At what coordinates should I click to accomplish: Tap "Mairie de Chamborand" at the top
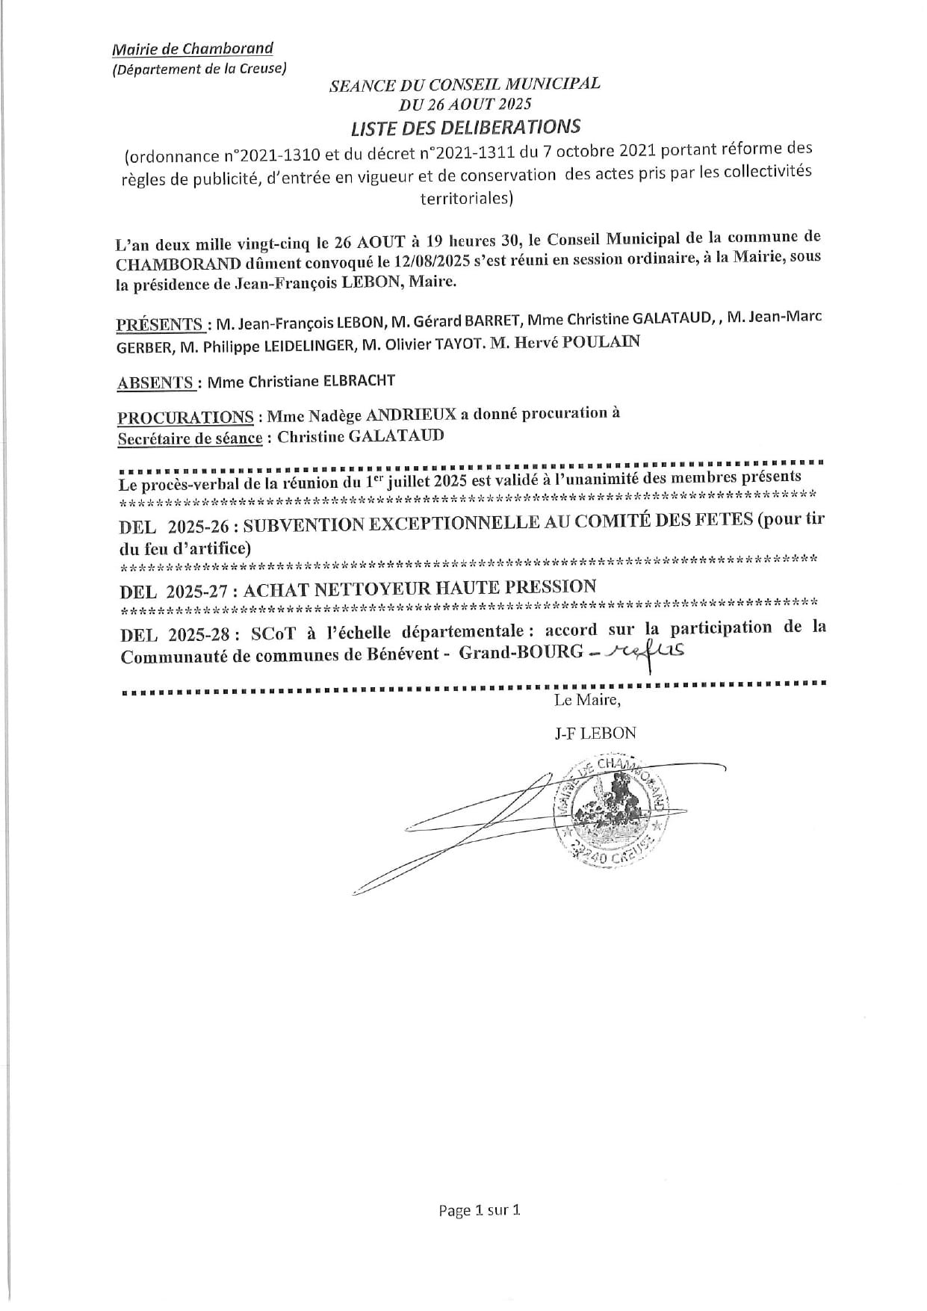pyautogui.click(x=193, y=49)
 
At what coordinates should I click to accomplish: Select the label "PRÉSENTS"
pyautogui.click(x=161, y=324)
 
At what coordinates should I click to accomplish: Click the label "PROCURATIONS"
pyautogui.click(x=185, y=416)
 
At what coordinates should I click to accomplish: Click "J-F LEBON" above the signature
pyautogui.click(x=595, y=733)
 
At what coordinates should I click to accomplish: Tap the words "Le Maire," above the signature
pyautogui.click(x=587, y=701)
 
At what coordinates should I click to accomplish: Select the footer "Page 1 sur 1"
pyautogui.click(x=479, y=1210)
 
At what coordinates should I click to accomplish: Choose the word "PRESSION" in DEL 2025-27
pyautogui.click(x=551, y=587)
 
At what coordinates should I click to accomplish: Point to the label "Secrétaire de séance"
pyautogui.click(x=190, y=438)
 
